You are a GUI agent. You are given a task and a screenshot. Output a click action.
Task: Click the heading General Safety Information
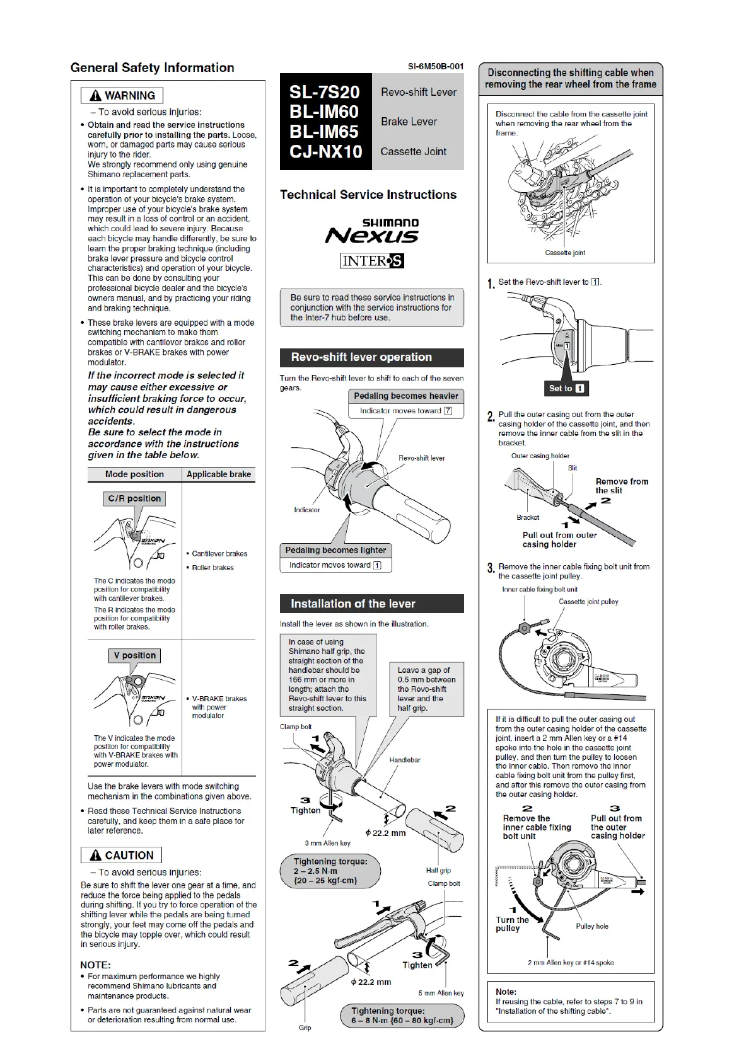click(x=152, y=67)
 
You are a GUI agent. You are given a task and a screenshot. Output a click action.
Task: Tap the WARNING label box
click(x=122, y=96)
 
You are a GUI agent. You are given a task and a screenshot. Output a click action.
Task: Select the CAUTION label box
click(x=122, y=855)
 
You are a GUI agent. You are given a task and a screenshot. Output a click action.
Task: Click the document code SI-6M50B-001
click(x=435, y=66)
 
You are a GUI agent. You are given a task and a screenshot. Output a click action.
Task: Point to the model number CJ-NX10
click(x=325, y=152)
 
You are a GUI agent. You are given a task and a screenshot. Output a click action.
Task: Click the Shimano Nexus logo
click(x=372, y=232)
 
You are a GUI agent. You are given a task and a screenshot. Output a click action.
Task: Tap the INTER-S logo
click(x=371, y=261)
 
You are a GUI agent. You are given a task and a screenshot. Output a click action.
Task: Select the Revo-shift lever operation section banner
click(x=371, y=357)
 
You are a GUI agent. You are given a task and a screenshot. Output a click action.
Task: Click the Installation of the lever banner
click(x=371, y=604)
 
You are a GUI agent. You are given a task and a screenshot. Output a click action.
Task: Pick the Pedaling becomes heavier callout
click(x=405, y=396)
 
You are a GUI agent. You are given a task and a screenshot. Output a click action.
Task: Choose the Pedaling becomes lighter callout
click(x=335, y=550)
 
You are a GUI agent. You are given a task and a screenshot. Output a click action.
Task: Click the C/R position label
click(x=134, y=498)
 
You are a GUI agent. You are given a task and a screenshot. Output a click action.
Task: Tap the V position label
click(x=135, y=655)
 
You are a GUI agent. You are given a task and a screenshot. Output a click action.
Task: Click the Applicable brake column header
click(x=219, y=474)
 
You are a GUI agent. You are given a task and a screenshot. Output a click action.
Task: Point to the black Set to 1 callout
click(x=566, y=388)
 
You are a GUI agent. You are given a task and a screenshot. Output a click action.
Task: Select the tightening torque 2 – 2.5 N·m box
click(x=330, y=871)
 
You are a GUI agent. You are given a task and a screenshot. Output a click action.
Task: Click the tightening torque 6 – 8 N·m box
click(x=402, y=1015)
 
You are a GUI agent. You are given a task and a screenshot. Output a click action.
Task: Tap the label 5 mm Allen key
click(x=441, y=993)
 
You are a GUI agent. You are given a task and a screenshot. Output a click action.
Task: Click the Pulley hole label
click(x=592, y=926)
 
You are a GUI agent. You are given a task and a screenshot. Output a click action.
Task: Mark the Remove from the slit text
click(x=622, y=486)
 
